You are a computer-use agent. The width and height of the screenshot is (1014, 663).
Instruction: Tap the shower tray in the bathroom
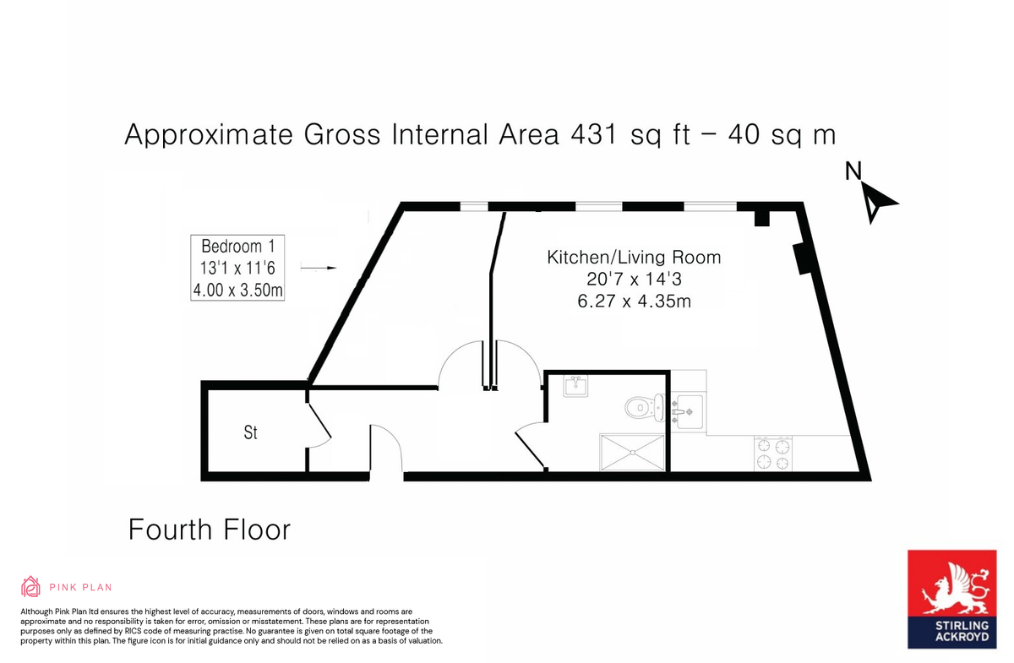pos(632,452)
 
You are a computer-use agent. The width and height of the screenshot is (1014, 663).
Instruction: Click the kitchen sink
pos(689,411)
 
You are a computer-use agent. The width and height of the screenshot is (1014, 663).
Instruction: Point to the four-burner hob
pos(774,453)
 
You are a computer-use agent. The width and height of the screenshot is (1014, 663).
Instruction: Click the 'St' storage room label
pos(251,432)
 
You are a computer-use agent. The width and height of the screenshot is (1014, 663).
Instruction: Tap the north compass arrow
pos(879,203)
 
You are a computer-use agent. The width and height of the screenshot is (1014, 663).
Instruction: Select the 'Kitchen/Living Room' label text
pos(634,257)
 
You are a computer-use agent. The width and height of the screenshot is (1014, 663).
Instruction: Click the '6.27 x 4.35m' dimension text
pos(634,301)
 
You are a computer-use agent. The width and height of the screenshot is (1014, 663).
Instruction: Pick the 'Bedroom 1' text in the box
pos(237,247)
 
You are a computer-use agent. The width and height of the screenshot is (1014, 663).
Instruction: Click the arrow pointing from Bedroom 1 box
pos(319,269)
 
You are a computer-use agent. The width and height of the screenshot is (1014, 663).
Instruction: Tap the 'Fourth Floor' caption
pos(209,530)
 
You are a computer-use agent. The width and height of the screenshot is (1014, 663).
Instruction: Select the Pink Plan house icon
pos(30,586)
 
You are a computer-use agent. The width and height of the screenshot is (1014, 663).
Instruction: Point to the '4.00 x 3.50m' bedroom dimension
pos(237,291)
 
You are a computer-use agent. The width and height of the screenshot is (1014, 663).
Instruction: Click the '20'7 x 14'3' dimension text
pos(634,279)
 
